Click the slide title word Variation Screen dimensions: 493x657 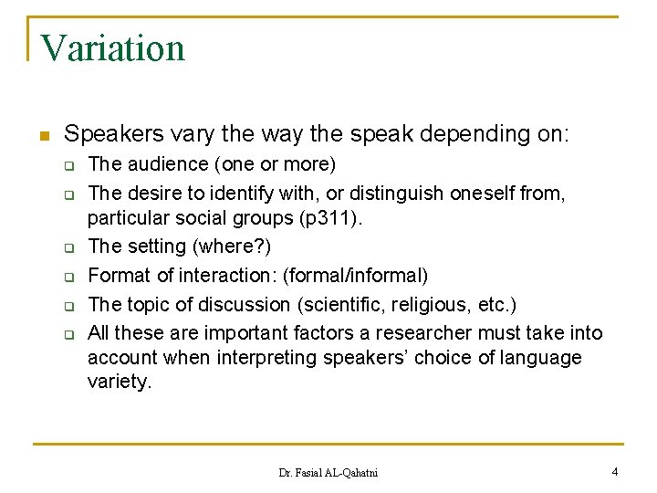(113, 48)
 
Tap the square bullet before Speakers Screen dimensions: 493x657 (43, 136)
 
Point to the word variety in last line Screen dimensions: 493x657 (118, 382)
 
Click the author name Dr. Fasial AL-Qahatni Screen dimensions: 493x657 (328, 473)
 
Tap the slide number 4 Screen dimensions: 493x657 (615, 472)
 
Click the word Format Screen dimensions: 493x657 (118, 275)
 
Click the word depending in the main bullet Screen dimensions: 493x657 (449, 134)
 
